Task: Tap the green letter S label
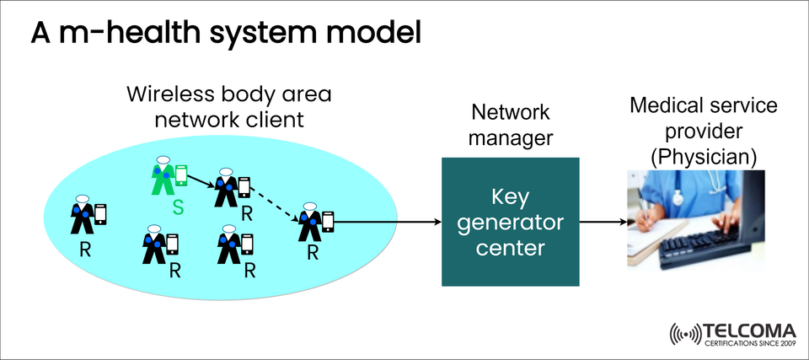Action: pyautogui.click(x=178, y=206)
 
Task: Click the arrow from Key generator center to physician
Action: pyautogui.click(x=603, y=223)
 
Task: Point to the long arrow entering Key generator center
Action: pyautogui.click(x=388, y=223)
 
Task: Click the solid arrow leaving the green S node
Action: pyautogui.click(x=200, y=180)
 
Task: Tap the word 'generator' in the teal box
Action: pyautogui.click(x=511, y=223)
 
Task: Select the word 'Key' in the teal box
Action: pyautogui.click(x=511, y=197)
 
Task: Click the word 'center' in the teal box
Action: pyautogui.click(x=511, y=249)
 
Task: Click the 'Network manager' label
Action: pyautogui.click(x=510, y=125)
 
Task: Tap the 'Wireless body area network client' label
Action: pyautogui.click(x=228, y=106)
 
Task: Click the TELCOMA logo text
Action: pyautogui.click(x=748, y=330)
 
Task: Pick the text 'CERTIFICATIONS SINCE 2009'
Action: pyautogui.click(x=748, y=344)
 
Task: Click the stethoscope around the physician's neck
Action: pyautogui.click(x=678, y=196)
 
